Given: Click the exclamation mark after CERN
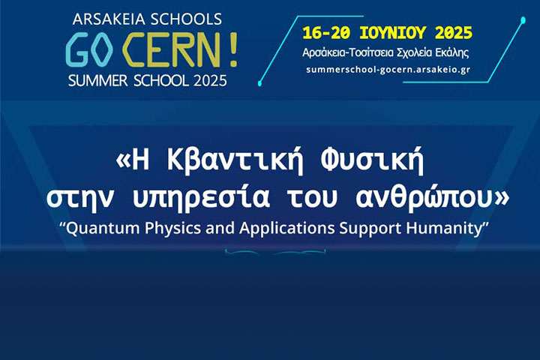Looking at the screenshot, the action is tap(232, 49).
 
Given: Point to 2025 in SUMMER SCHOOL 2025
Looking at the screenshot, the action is tap(210, 80).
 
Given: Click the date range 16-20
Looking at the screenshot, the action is tap(326, 33).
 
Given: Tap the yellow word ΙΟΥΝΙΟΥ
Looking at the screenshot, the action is tap(392, 33).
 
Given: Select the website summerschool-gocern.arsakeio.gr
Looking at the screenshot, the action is tap(388, 69).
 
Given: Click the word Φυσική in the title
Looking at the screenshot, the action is tap(372, 161).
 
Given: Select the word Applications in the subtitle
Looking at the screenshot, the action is tap(287, 229).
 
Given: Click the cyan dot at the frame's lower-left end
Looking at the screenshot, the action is tap(259, 83).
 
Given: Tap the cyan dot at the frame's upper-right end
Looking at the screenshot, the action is tap(523, 21).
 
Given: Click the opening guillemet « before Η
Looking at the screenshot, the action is tap(123, 162).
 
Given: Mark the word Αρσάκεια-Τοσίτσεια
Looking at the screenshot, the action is tap(348, 52).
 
